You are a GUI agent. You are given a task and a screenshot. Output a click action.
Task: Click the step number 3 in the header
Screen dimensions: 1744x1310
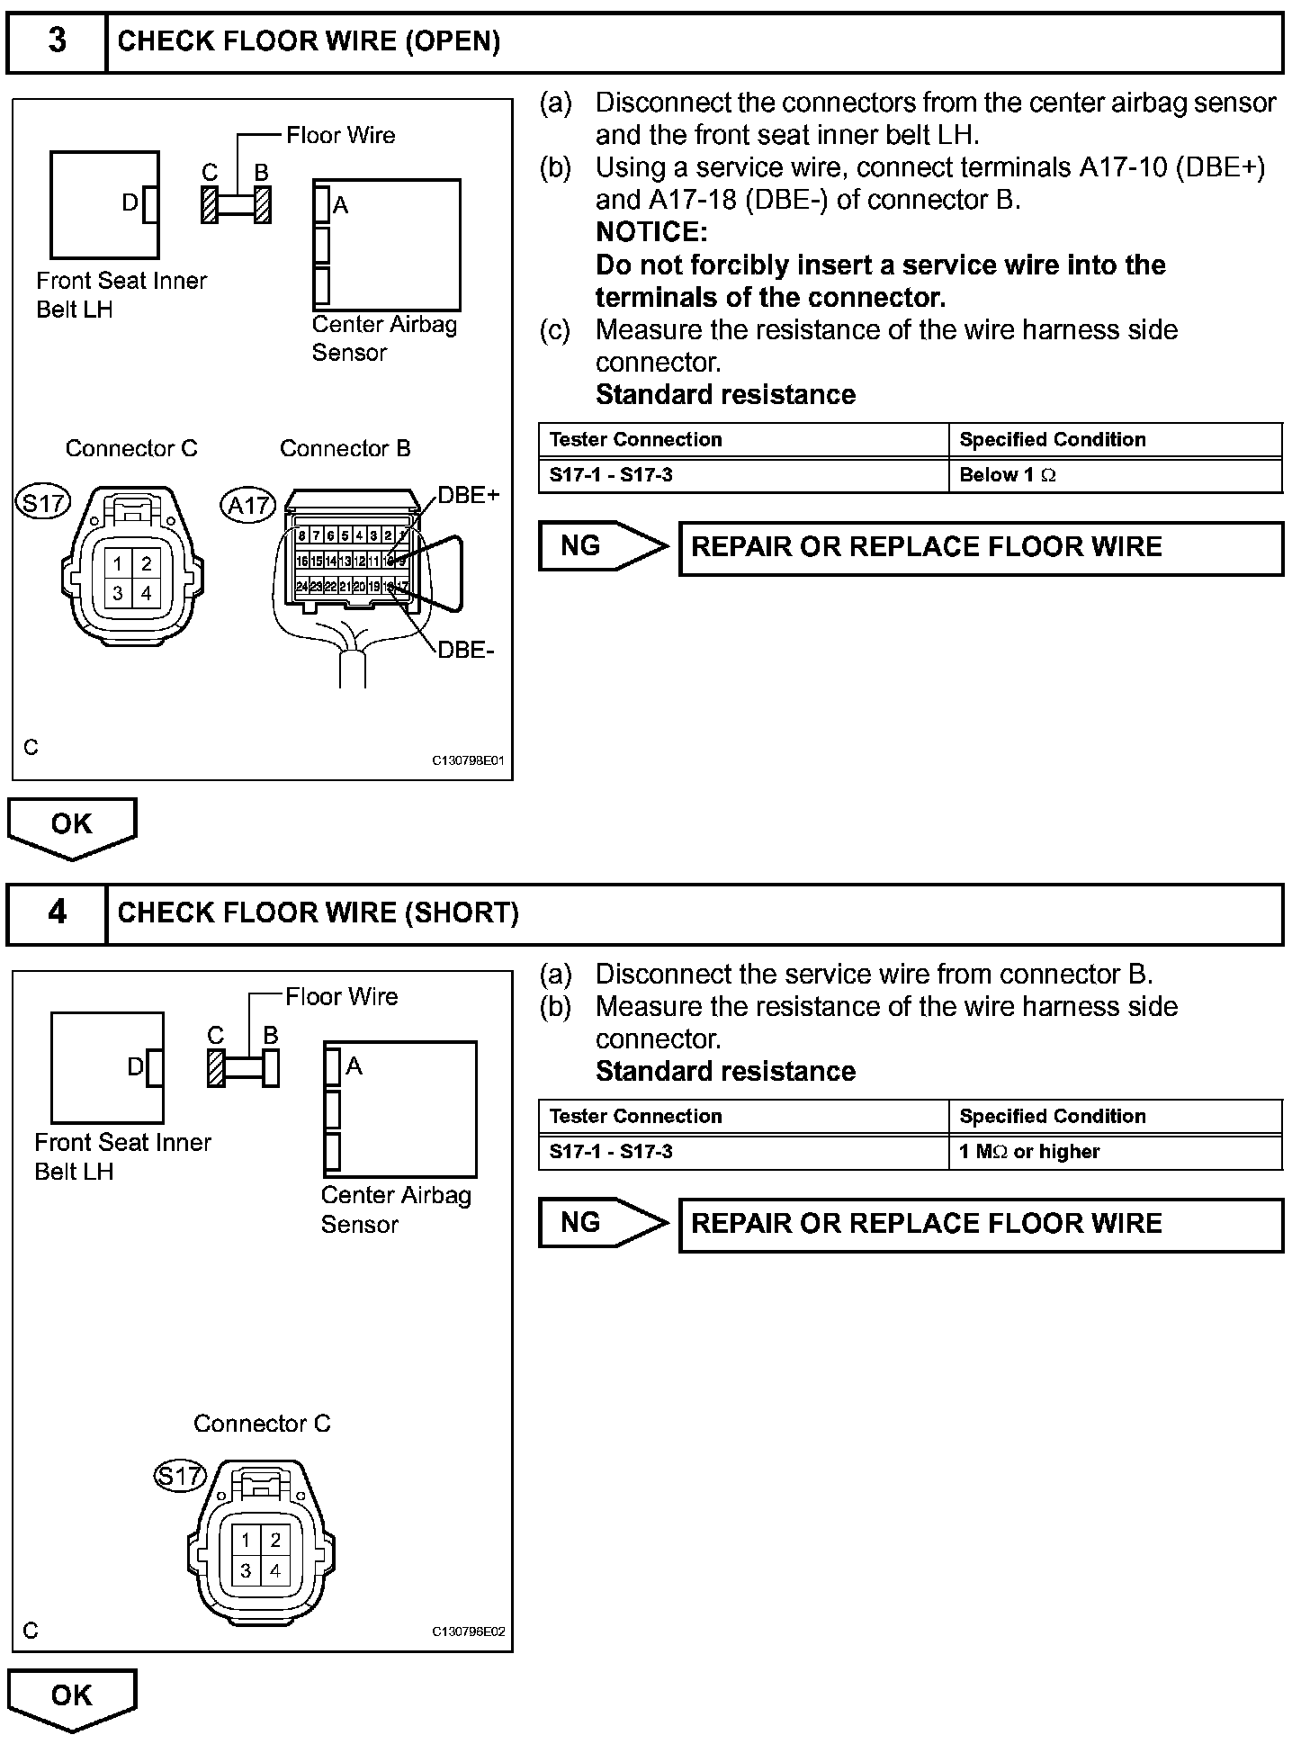point(57,41)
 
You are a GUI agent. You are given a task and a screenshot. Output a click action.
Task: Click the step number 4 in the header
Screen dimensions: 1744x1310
point(57,913)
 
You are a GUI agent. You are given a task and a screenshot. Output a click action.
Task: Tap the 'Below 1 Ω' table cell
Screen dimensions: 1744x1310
point(1007,475)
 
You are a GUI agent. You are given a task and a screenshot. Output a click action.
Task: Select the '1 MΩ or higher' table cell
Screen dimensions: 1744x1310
point(1028,1152)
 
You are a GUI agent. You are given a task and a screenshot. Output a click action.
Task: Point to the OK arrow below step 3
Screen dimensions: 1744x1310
point(72,825)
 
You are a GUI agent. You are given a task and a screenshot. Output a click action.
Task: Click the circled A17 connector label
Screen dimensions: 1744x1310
point(248,506)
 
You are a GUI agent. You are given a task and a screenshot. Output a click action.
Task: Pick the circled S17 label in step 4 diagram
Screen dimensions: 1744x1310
point(180,1476)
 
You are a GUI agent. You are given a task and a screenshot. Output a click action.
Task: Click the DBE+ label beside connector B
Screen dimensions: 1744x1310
point(468,495)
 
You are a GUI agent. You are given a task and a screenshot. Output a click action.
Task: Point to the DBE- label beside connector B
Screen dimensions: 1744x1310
point(465,650)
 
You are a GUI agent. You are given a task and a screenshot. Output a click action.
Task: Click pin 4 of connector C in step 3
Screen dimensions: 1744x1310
point(146,593)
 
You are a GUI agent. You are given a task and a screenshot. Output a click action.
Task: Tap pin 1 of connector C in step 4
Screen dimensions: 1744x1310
point(246,1541)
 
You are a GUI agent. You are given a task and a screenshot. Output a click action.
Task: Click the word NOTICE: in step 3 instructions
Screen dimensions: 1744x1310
point(651,232)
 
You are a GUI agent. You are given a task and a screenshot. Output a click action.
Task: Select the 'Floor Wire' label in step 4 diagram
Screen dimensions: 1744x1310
point(341,996)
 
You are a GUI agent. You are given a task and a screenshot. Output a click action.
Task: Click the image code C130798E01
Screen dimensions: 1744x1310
point(468,760)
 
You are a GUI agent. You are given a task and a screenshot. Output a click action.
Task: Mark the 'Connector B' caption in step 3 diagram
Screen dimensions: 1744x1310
point(345,448)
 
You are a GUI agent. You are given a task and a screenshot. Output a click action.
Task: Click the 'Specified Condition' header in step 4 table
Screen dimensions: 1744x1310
point(1052,1117)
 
